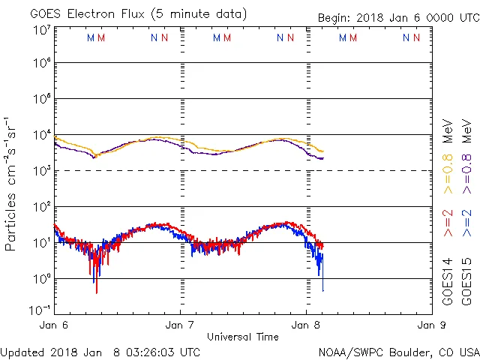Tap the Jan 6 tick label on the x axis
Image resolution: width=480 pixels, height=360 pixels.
point(54,325)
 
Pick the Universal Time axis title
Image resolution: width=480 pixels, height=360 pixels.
point(243,337)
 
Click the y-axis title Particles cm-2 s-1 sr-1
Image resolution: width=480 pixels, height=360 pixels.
point(11,183)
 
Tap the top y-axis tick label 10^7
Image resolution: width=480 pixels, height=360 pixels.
point(40,30)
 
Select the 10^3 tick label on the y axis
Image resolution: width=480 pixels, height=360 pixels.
point(40,170)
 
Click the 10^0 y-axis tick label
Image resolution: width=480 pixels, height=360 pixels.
point(40,277)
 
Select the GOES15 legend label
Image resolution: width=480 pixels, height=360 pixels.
point(467,281)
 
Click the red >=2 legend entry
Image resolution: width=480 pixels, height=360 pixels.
point(448,223)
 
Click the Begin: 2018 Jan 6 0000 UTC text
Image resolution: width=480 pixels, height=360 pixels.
point(397,17)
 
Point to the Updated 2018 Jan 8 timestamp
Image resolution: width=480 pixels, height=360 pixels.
point(100,351)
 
